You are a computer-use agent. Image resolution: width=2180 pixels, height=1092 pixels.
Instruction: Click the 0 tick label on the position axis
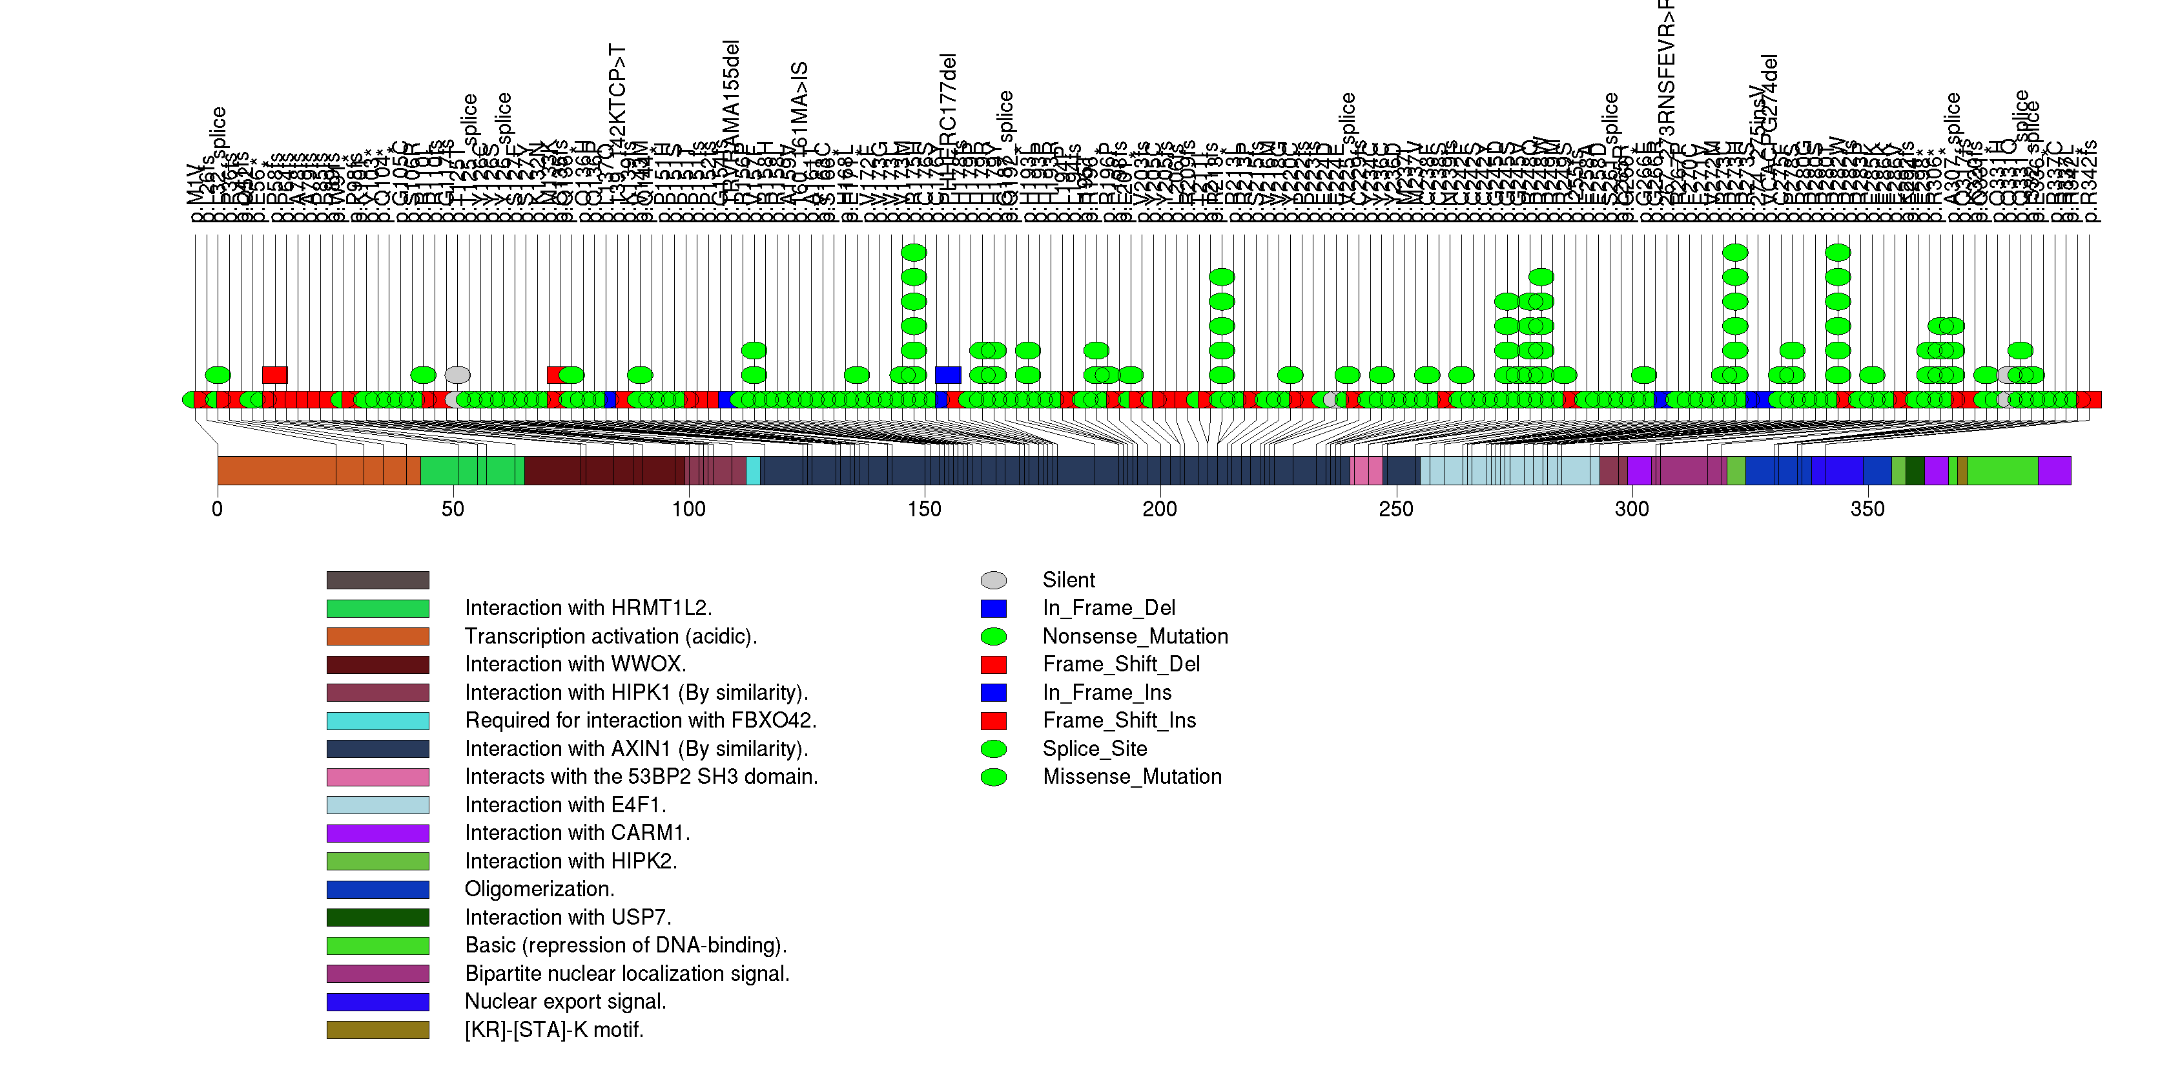point(218,509)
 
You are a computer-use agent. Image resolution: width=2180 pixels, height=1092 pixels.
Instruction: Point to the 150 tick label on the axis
point(924,509)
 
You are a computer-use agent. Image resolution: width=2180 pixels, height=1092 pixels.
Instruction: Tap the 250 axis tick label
point(1395,509)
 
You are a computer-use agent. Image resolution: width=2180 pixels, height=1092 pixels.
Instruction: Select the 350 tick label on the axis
point(1867,509)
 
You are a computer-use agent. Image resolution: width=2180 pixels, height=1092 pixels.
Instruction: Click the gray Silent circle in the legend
point(994,580)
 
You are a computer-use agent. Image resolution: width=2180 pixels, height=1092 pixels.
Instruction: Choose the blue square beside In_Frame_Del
point(994,608)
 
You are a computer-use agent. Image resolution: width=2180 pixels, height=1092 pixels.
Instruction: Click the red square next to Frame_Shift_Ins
point(994,720)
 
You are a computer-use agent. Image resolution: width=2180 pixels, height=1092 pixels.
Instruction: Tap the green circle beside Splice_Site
point(994,748)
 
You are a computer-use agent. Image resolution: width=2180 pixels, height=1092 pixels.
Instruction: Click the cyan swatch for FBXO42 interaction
point(378,720)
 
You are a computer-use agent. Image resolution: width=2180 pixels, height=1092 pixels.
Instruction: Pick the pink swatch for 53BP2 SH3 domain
point(378,776)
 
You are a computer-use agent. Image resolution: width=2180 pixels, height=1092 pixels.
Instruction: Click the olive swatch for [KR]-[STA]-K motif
point(378,1029)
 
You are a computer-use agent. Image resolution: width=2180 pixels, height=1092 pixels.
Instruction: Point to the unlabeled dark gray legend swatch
point(378,580)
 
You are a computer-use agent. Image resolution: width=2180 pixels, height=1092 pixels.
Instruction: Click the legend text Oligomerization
point(539,889)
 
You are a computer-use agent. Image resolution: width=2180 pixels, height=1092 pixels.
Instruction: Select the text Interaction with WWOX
point(575,664)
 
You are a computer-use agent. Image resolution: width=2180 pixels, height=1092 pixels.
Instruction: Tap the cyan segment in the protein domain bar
point(752,470)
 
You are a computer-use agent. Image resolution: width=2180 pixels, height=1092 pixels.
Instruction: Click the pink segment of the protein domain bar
point(1367,470)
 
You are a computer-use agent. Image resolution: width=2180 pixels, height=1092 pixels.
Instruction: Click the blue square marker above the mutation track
point(948,375)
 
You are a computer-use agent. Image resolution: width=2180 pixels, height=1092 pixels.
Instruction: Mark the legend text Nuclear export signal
point(565,1002)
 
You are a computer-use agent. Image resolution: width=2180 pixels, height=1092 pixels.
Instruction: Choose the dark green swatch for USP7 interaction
point(378,917)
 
